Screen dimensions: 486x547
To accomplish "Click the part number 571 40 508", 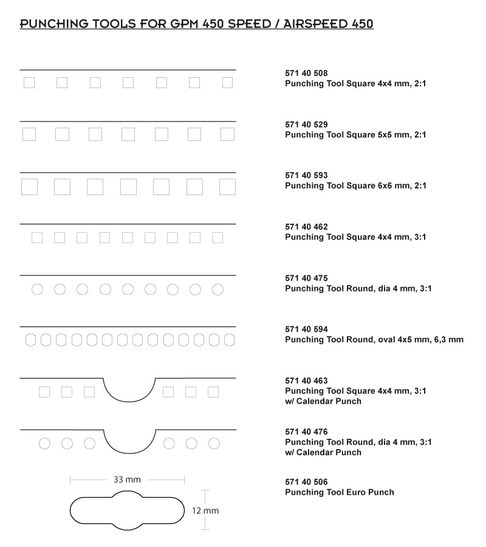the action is click(x=306, y=74).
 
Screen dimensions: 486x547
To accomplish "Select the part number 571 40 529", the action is click(x=306, y=125).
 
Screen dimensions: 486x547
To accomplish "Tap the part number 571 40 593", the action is click(x=306, y=176).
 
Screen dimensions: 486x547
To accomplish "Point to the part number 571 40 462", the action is click(x=306, y=227).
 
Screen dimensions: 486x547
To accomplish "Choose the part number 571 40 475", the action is click(x=306, y=278).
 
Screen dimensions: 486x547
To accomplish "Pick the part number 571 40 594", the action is click(x=306, y=329).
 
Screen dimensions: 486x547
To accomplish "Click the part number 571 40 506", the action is click(x=306, y=482).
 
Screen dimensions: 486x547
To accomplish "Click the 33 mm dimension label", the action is click(x=127, y=480).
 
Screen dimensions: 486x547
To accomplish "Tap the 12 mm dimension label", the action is click(x=205, y=511).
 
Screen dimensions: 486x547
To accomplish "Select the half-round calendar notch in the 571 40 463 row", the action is click(x=129, y=402).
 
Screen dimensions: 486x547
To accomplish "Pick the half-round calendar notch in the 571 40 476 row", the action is click(x=129, y=453).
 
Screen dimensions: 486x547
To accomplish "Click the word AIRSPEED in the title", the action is click(x=316, y=24).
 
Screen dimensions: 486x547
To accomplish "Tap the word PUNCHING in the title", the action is click(x=54, y=24).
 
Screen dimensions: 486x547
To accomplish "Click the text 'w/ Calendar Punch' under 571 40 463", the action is click(x=323, y=401).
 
